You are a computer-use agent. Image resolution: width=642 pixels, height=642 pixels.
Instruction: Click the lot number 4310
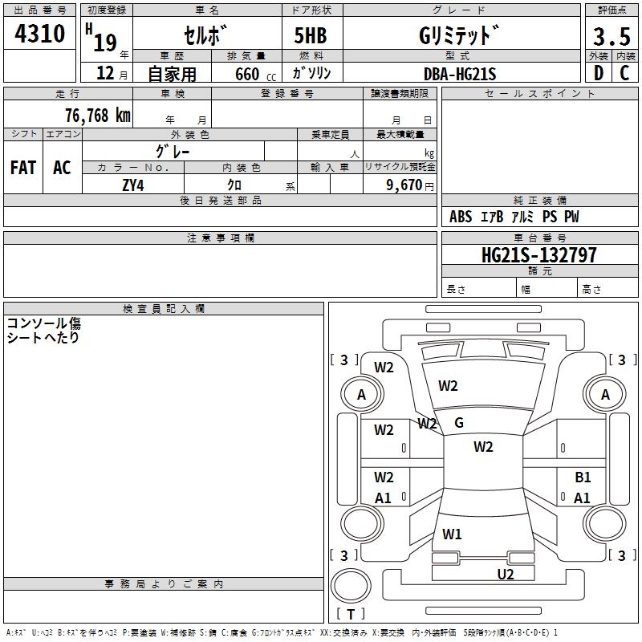(41, 34)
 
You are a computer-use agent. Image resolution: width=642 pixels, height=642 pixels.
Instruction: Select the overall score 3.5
(612, 36)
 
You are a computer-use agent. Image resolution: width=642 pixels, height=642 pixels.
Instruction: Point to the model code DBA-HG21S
(460, 74)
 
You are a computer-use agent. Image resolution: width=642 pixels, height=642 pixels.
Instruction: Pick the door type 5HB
(304, 36)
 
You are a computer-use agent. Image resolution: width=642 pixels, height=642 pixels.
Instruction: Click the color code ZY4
(133, 184)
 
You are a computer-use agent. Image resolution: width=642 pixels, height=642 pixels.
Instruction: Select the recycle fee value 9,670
(404, 185)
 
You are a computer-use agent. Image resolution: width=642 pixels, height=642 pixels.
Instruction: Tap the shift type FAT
(23, 168)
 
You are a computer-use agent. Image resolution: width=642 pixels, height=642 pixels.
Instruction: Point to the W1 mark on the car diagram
(452, 533)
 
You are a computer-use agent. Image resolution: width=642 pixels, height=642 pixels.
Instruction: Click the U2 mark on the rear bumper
(505, 574)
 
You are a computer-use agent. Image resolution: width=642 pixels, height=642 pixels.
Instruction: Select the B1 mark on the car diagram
(583, 477)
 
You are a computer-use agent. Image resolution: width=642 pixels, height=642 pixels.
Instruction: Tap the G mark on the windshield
(459, 423)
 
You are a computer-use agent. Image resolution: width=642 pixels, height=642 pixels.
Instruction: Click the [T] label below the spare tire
(351, 614)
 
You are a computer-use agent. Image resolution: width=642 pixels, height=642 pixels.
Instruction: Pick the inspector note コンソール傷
(44, 323)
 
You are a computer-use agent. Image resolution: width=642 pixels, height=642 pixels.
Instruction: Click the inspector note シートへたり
(43, 338)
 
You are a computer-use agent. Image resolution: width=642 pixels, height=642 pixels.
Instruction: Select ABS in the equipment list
(461, 217)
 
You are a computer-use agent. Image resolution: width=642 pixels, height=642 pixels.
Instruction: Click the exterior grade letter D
(598, 74)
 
